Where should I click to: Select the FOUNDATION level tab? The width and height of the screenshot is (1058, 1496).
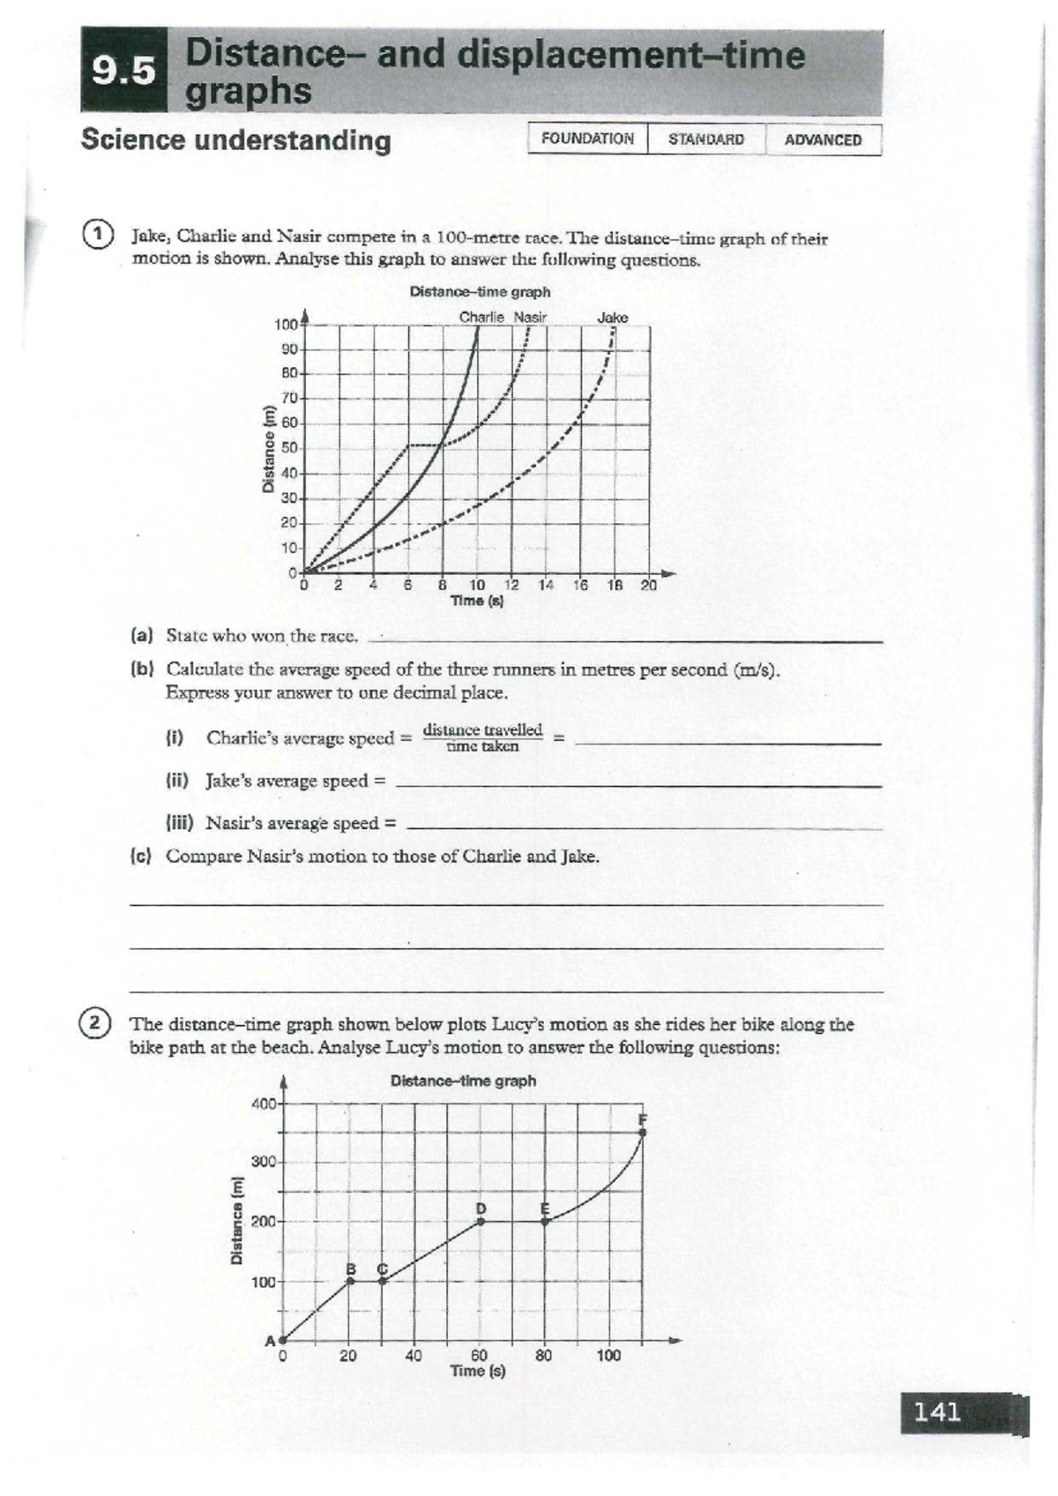point(587,139)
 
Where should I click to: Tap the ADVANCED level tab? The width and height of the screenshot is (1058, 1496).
point(823,140)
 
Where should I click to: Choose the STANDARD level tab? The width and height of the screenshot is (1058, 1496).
point(705,139)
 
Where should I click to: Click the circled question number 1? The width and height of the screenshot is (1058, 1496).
point(97,235)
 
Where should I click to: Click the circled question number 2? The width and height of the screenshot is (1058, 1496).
point(94,1023)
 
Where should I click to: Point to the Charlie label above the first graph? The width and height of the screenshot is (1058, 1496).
point(481,318)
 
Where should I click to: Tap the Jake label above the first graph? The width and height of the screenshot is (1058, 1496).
point(613,318)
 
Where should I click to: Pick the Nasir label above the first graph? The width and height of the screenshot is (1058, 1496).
point(530,318)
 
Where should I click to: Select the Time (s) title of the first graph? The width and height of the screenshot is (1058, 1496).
point(476,601)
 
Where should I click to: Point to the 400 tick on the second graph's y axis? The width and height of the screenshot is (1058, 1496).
point(264,1103)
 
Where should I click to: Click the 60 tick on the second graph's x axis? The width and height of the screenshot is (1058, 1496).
point(479,1355)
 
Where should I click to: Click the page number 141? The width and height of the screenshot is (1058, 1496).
point(937,1412)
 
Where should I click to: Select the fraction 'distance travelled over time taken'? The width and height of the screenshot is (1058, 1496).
point(482,737)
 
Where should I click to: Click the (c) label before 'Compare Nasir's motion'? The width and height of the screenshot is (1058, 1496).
point(141,856)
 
